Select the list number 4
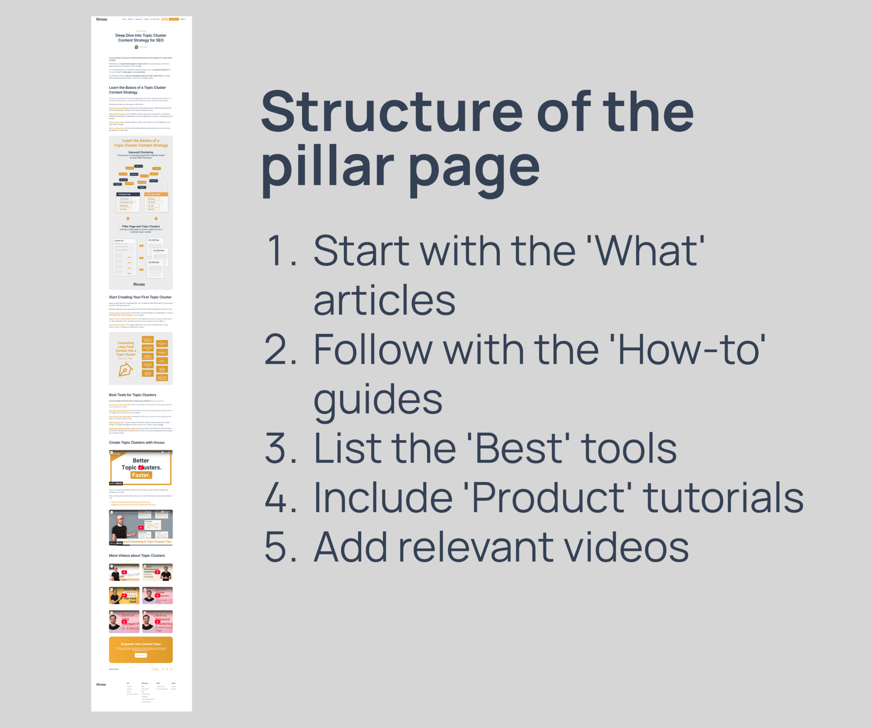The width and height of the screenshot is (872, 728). click(281, 497)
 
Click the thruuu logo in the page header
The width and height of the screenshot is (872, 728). click(101, 19)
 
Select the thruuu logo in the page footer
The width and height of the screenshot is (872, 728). click(101, 684)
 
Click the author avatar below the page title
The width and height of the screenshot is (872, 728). click(137, 47)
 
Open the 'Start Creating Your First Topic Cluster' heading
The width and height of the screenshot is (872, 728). click(140, 297)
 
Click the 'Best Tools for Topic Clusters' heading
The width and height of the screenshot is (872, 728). click(133, 395)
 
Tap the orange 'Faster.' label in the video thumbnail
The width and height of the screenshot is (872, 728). click(141, 475)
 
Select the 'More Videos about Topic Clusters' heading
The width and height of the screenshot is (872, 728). click(137, 556)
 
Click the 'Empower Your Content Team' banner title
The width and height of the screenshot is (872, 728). click(141, 644)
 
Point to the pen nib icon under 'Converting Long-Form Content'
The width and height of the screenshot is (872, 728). click(125, 370)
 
